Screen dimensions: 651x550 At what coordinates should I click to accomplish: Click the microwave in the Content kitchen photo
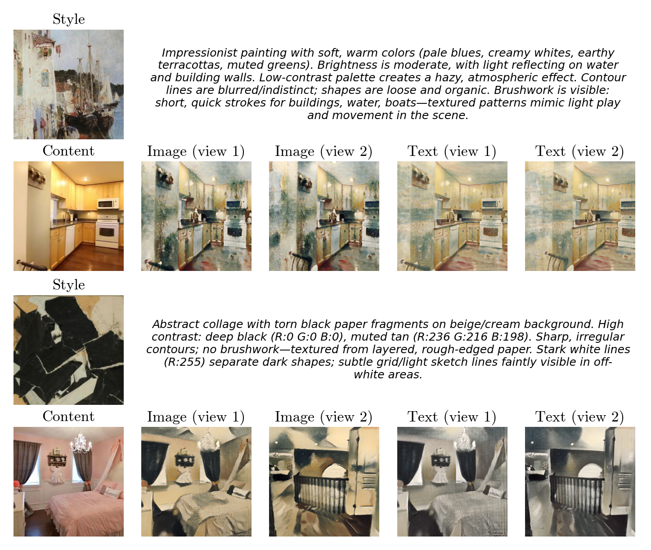(x=108, y=204)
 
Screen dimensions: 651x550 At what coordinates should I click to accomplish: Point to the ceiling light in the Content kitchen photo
(x=85, y=179)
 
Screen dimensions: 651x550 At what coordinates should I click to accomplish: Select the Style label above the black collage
(x=69, y=285)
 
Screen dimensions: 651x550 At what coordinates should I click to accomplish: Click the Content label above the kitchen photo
(x=68, y=151)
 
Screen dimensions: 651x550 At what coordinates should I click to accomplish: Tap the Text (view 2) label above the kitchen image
(x=579, y=151)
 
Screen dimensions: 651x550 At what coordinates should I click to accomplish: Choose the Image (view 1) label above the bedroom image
(x=196, y=417)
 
